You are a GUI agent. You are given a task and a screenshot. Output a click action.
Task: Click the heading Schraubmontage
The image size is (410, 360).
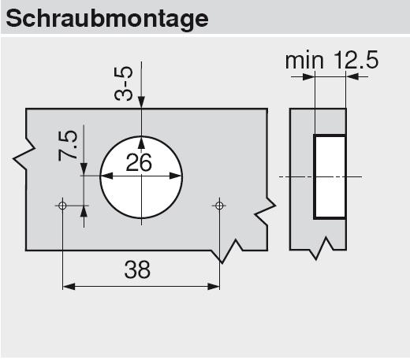pos(107,20)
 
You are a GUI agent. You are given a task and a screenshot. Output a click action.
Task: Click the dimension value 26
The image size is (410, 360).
pos(139,163)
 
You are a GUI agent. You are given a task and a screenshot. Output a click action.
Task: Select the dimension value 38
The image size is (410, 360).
pos(137,269)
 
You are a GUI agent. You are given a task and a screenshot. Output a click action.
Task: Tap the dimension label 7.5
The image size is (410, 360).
pos(68,145)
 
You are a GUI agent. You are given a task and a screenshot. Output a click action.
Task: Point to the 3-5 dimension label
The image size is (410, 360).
pos(123,84)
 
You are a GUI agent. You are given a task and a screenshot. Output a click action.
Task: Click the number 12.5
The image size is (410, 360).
pos(356,60)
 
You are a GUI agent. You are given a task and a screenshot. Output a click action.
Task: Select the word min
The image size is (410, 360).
pos(304,61)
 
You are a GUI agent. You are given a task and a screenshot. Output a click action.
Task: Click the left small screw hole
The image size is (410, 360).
pos(62,206)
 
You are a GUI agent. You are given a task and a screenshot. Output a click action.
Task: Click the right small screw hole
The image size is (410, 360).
pos(219,206)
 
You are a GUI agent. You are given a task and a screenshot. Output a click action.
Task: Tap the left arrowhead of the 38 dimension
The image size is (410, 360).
pos(69,287)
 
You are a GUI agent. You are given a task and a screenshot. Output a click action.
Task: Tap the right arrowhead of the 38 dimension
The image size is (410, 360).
pos(213,287)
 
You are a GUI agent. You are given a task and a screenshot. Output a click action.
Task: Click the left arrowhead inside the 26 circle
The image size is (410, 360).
pos(107,176)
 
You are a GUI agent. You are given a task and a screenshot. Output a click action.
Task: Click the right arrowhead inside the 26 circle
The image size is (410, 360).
pos(175,176)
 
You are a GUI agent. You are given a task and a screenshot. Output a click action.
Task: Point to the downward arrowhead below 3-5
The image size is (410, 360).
pos(141,102)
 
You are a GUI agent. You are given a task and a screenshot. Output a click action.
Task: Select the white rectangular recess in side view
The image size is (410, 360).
pos(330,176)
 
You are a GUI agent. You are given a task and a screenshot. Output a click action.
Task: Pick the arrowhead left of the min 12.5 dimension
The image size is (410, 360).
pos(308,77)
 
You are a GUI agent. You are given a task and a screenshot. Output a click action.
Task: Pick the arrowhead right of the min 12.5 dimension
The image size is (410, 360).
pos(352,77)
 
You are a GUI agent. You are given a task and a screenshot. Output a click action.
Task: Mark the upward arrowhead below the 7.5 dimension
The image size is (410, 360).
pos(84,212)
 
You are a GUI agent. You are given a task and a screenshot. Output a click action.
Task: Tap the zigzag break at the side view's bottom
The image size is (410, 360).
pos(321,248)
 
